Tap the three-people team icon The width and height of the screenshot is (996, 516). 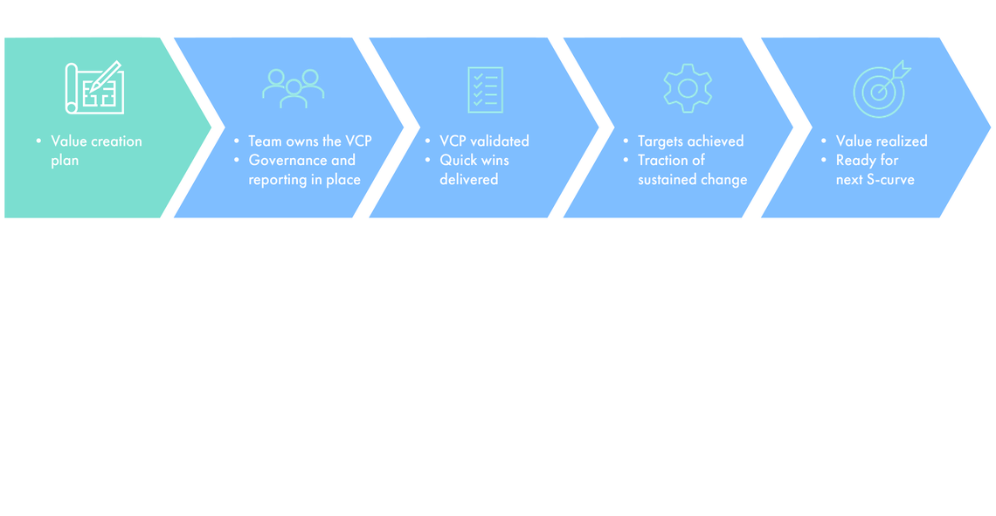[293, 88]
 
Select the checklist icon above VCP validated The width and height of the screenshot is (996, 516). [485, 89]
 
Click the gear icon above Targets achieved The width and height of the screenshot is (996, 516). [688, 88]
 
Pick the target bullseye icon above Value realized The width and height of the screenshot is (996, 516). [880, 89]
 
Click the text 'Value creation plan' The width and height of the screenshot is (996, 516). [96, 150]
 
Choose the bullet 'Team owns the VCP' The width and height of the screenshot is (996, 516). [309, 141]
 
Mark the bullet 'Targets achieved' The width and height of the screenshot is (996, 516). [690, 141]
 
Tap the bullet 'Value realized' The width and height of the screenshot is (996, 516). [882, 141]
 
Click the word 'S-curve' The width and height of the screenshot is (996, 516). [894, 179]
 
